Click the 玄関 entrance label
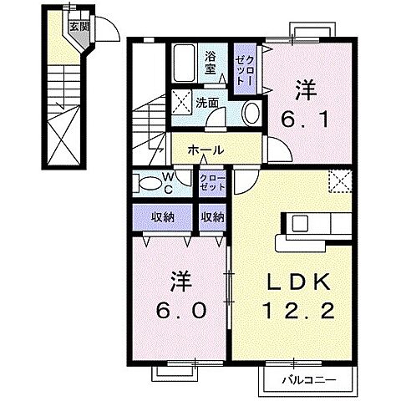click(x=78, y=26)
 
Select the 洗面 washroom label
click(x=207, y=103)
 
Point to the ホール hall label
click(x=205, y=150)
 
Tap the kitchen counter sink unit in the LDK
click(x=310, y=226)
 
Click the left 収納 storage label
click(x=162, y=216)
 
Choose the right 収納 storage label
click(x=212, y=216)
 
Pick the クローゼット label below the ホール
click(x=211, y=182)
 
